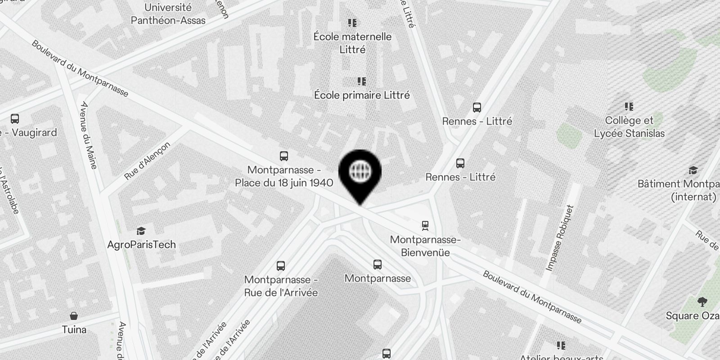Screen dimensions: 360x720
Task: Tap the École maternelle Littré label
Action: pos(352,43)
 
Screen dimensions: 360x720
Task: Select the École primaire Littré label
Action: pos(362,95)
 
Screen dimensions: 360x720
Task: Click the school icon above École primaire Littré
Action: pos(361,81)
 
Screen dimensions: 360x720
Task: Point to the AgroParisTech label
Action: pos(141,244)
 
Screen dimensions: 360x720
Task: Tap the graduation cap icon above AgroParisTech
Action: pos(141,231)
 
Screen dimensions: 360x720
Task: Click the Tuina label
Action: pos(74,329)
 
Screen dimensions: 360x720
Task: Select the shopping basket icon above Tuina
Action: pos(74,316)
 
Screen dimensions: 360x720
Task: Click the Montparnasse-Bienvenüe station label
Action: pos(425,246)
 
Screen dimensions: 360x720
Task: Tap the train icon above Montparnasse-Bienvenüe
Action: pos(425,225)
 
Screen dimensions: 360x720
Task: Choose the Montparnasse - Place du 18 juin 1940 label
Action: pos(284,176)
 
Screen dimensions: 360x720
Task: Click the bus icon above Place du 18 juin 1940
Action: pos(283,156)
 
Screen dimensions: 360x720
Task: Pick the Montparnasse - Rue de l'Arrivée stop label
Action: pos(281,286)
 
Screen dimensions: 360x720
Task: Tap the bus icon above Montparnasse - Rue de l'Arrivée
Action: pos(281,265)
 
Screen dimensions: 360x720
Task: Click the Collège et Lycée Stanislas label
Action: pos(629,127)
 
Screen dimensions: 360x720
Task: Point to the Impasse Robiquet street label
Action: pos(561,238)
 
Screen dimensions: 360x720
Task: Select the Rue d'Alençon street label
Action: pos(147,161)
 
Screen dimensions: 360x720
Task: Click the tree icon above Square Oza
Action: pos(702,301)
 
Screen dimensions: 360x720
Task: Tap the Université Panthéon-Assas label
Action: pos(168,14)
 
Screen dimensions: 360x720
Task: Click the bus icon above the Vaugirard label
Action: pos(15,119)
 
